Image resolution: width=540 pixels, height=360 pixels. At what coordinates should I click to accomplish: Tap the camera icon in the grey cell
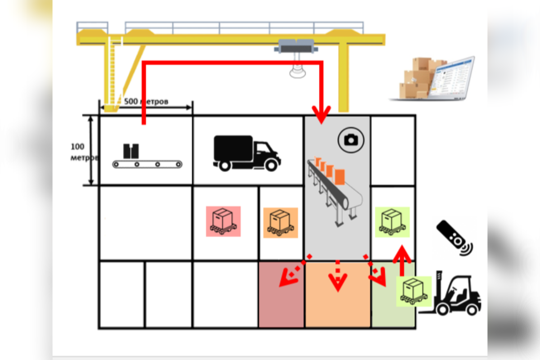(x=351, y=140)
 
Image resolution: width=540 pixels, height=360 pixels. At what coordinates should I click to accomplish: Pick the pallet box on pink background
(x=223, y=221)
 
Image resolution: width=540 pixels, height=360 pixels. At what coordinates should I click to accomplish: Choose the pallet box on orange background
(x=280, y=222)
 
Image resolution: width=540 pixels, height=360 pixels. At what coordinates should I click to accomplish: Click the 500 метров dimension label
(x=146, y=102)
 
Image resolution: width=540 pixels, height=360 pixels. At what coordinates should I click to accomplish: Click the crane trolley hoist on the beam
(x=297, y=47)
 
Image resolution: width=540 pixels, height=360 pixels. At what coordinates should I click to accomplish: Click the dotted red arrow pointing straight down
(x=337, y=277)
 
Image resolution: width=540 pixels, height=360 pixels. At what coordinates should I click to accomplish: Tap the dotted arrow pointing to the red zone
(x=289, y=275)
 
